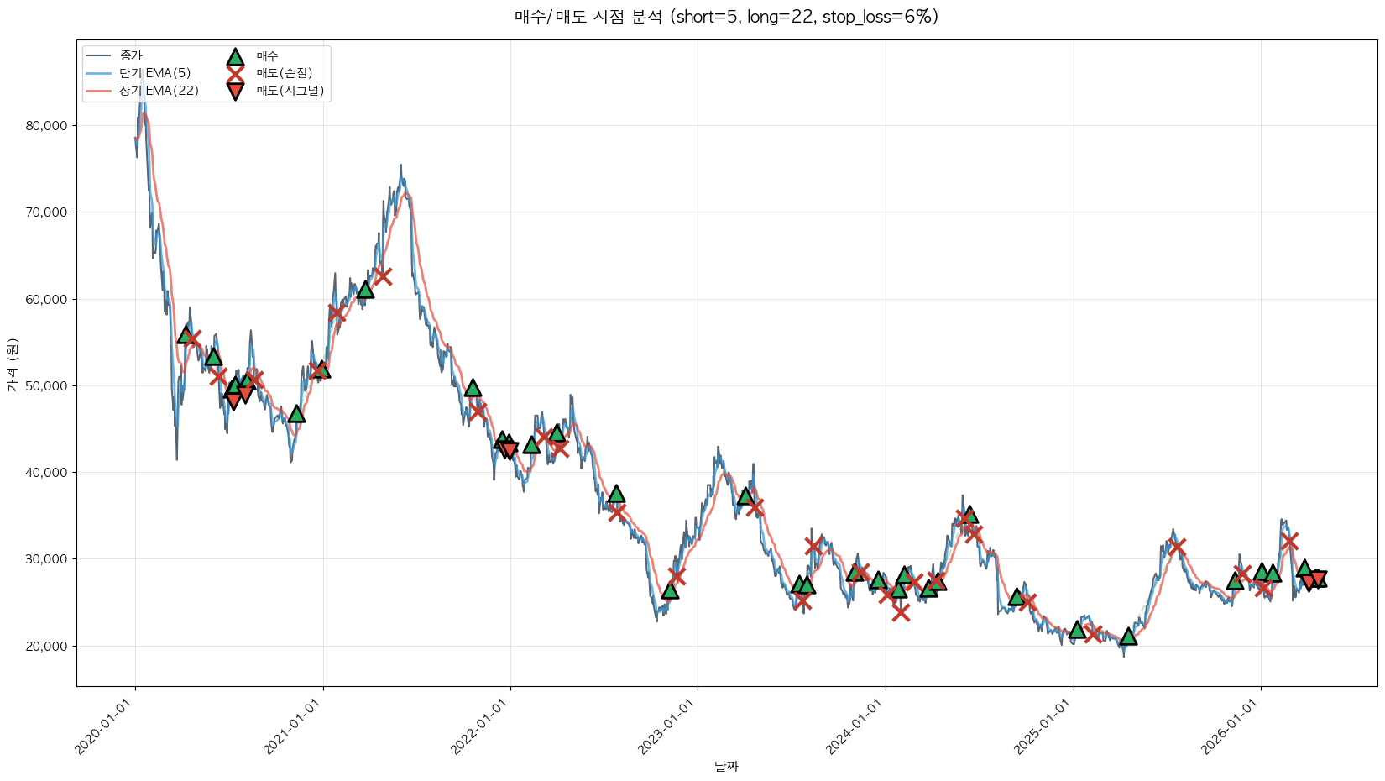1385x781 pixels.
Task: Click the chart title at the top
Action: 726,17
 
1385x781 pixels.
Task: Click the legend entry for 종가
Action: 131,55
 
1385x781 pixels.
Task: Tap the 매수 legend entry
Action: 267,55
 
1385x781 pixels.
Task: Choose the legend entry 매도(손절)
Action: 284,73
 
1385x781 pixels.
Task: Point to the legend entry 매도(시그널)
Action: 290,91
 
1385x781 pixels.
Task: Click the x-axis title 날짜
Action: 726,766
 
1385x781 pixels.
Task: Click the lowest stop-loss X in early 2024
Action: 901,612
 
